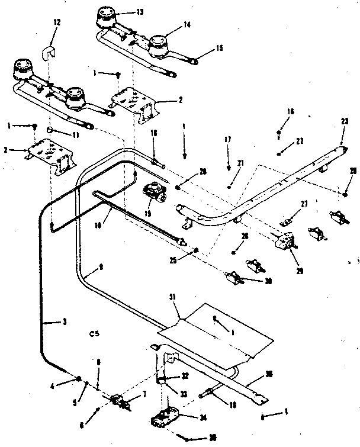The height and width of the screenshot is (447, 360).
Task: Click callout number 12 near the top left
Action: [x=57, y=22]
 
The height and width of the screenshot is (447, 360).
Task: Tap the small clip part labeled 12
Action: [x=49, y=53]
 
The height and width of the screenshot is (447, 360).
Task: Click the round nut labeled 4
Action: [x=78, y=380]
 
